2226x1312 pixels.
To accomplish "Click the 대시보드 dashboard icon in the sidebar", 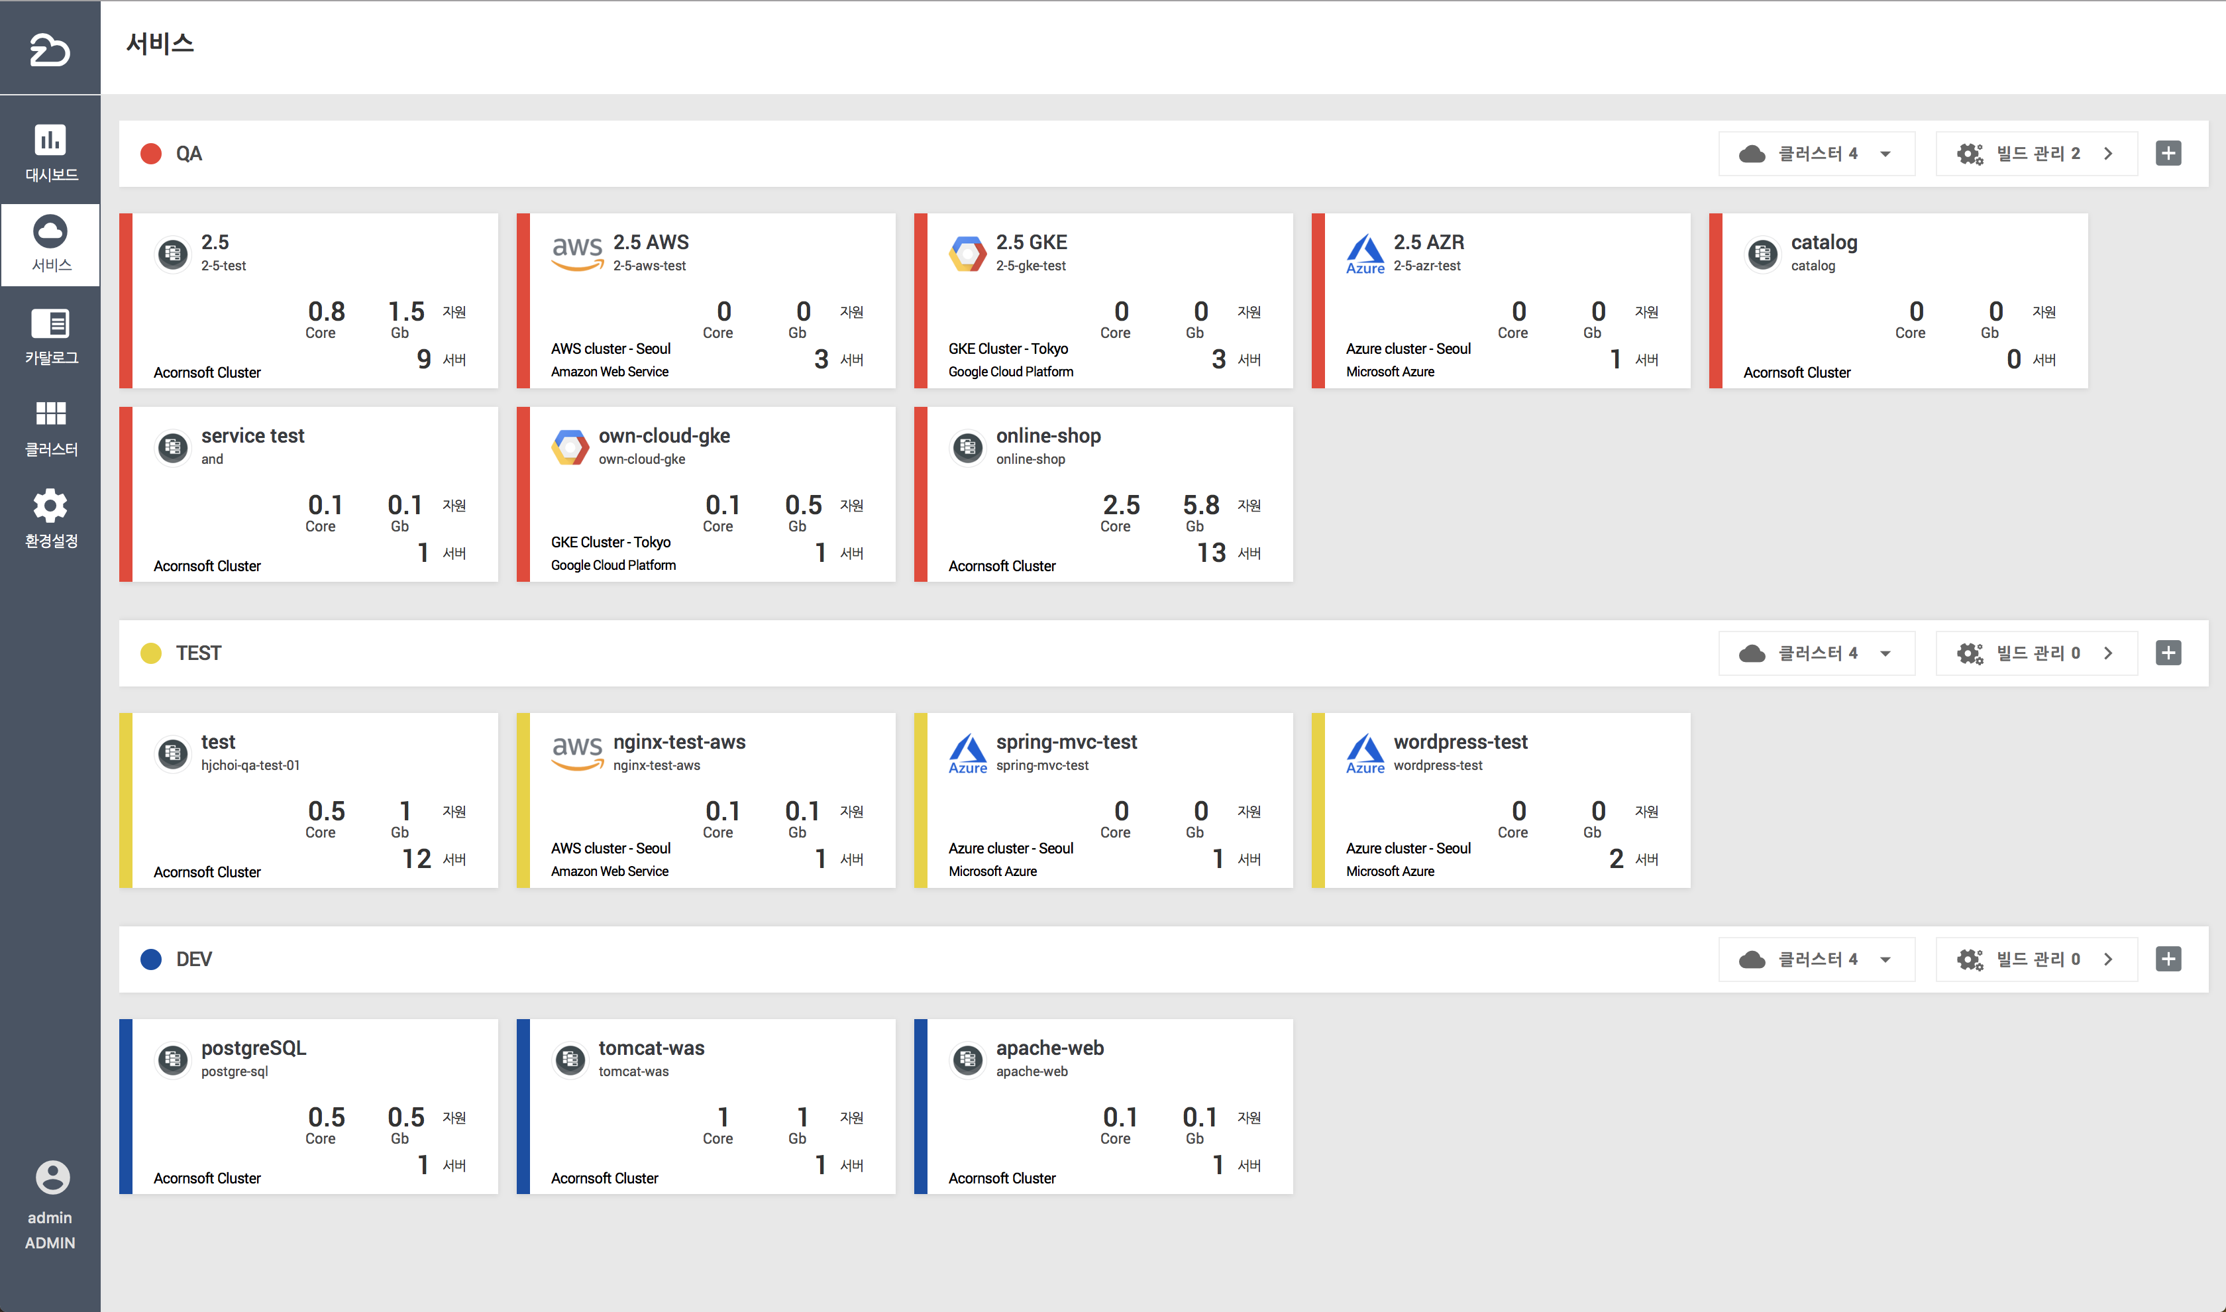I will [x=50, y=140].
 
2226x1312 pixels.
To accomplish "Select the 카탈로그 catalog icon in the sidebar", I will [x=50, y=323].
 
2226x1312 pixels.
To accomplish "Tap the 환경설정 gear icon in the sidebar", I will [x=50, y=506].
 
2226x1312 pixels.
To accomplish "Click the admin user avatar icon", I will [x=52, y=1177].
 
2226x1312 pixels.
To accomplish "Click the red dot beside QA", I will [x=151, y=154].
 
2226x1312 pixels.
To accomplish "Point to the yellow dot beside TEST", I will [x=151, y=653].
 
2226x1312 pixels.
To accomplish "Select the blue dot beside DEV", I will [x=151, y=959].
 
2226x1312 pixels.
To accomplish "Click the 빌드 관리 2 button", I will [x=2036, y=154].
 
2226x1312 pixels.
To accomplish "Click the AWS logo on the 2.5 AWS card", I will [x=577, y=252].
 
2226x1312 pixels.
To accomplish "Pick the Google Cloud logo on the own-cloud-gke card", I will [x=570, y=447].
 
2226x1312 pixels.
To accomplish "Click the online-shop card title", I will [x=1048, y=436].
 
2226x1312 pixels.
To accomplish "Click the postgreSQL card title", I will [x=254, y=1048].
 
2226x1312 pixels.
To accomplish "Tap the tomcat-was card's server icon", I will [x=570, y=1059].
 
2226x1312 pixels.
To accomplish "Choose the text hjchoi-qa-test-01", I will [x=250, y=765].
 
